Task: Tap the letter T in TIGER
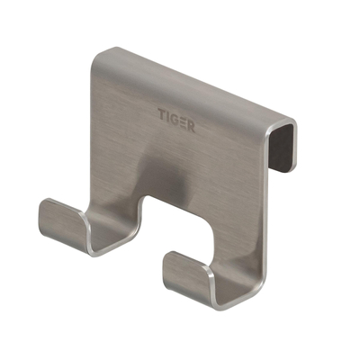pos(163,114)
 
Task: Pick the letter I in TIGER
pos(169,114)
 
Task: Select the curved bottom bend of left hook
pos(97,243)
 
